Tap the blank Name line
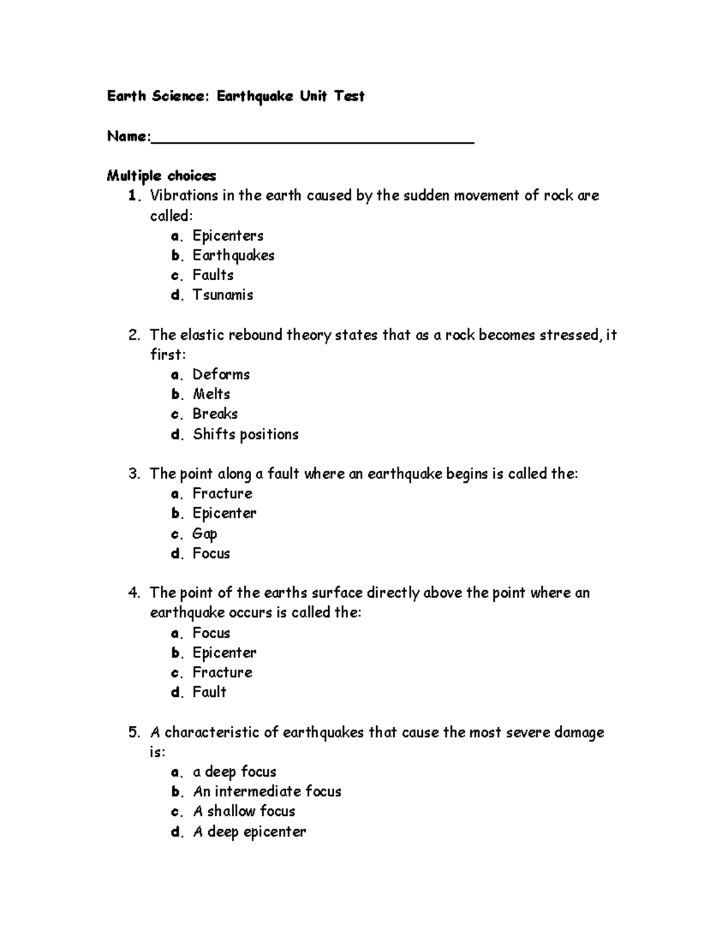point(312,140)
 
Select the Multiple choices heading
point(161,176)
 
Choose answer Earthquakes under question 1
point(234,255)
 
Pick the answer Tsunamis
point(223,295)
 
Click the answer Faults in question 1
point(213,275)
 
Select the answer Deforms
point(221,374)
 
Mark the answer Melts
point(211,394)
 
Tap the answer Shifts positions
point(245,434)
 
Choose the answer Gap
point(204,534)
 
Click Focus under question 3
point(211,553)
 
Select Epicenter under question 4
point(224,653)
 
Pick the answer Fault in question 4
point(209,692)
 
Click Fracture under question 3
point(222,493)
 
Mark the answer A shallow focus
point(244,812)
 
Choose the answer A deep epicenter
point(249,832)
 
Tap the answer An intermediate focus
point(267,792)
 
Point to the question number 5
point(134,732)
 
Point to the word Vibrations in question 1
point(184,195)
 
